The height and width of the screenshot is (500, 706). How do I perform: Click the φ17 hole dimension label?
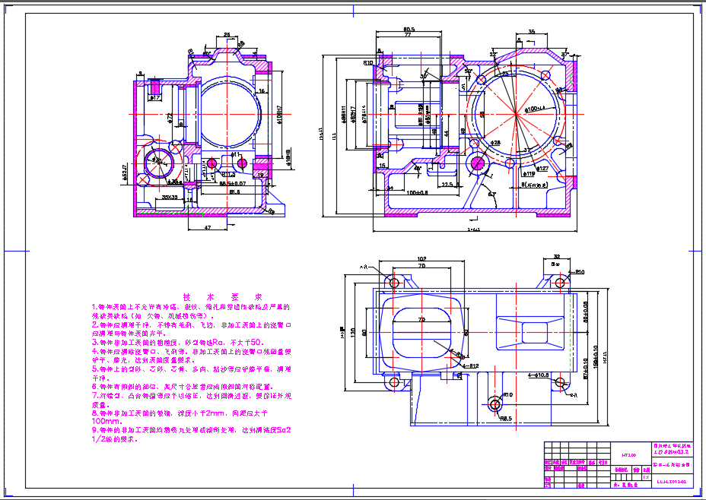coord(154,98)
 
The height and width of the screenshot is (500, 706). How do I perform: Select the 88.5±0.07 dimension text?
coord(232,184)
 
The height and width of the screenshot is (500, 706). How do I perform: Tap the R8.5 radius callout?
coord(505,418)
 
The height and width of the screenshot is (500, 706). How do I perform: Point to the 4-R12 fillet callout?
coord(469,366)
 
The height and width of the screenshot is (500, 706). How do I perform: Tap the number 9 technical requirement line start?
coord(94,430)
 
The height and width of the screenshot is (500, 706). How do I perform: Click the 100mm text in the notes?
coord(107,420)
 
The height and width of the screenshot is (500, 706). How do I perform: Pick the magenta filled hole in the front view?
coord(478,162)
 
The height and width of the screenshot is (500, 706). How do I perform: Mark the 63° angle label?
coord(492,195)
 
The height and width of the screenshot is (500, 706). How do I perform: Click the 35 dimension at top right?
coord(531,31)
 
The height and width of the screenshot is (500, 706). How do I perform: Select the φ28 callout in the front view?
coord(495,142)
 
